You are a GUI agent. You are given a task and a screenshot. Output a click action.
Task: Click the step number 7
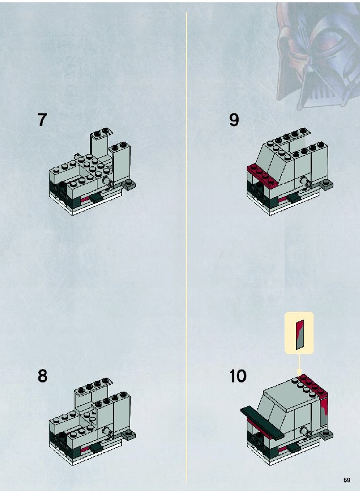click(42, 120)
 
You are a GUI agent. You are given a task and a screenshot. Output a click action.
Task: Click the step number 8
click(42, 376)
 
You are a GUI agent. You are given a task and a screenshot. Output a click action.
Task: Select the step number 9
click(234, 120)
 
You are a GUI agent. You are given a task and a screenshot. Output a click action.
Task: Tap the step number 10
click(238, 376)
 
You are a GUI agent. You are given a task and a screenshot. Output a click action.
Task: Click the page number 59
click(347, 480)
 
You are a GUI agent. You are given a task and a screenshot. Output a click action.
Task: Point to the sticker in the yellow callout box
click(299, 334)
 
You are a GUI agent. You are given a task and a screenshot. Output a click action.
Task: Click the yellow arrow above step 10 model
click(299, 365)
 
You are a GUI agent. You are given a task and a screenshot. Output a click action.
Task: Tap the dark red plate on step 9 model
click(262, 176)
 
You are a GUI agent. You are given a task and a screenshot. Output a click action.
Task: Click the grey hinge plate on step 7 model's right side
click(129, 185)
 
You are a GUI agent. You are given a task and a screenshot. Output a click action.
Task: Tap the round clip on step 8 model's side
click(107, 433)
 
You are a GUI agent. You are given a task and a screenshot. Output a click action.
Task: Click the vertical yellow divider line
click(186, 248)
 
